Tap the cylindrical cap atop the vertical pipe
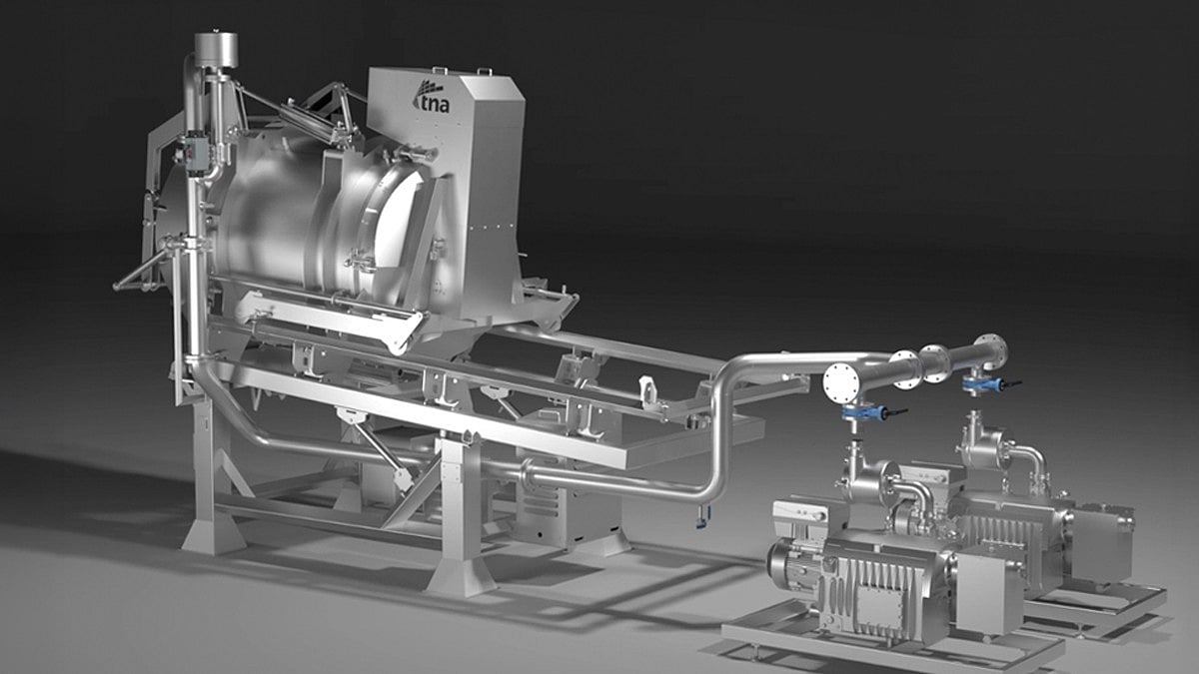(x=216, y=50)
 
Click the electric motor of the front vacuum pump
(x=797, y=565)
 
